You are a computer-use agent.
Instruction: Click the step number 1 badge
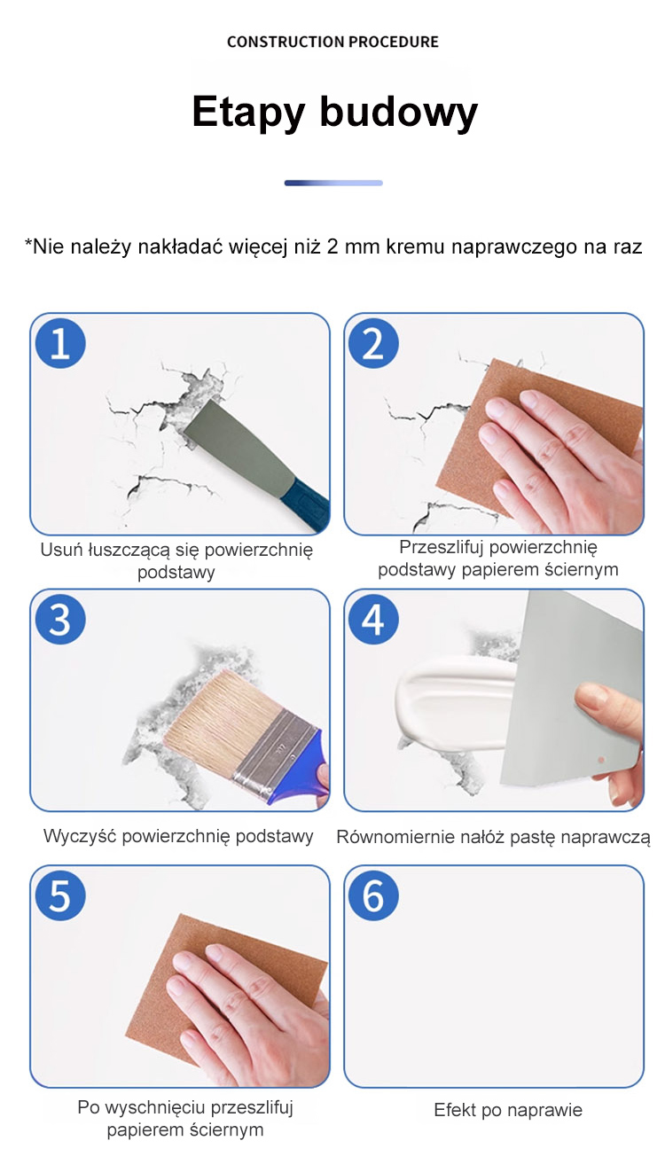[x=60, y=343]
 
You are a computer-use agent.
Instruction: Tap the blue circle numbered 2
[x=373, y=343]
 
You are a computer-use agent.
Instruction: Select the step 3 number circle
[x=60, y=619]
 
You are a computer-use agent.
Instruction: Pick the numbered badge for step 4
[x=373, y=619]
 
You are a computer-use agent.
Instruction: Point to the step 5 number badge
[x=60, y=895]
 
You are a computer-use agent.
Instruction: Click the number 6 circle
[x=373, y=895]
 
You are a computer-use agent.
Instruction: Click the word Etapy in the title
[x=248, y=113]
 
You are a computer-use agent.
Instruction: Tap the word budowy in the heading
[x=399, y=112]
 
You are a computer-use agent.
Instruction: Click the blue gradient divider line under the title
[x=333, y=184]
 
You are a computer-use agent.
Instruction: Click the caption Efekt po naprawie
[x=508, y=1110]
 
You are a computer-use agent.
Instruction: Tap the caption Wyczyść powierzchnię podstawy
[x=178, y=836]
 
